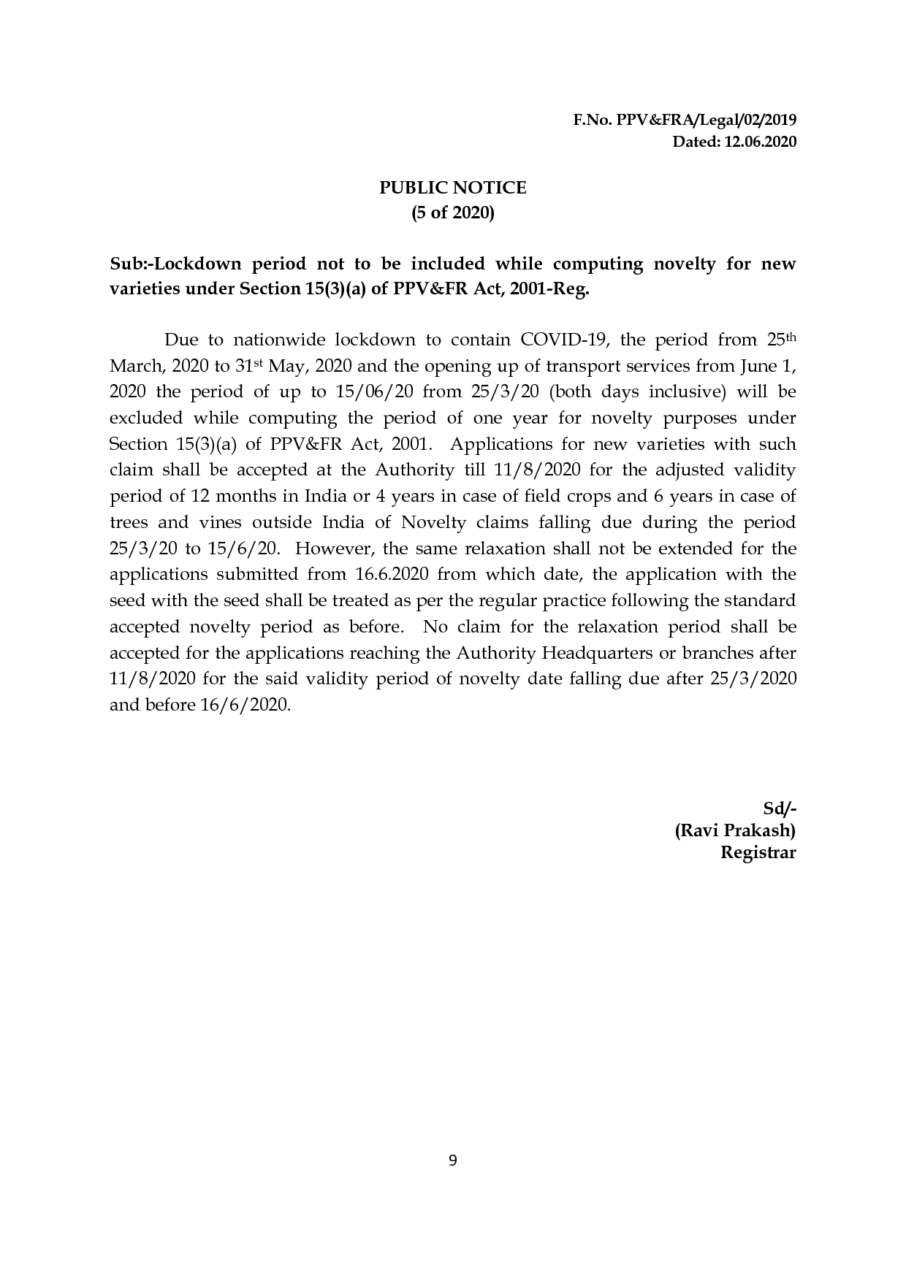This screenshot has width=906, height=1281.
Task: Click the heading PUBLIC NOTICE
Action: click(452, 188)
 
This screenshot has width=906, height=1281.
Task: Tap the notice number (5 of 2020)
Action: click(452, 214)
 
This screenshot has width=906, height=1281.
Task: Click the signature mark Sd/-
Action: click(779, 808)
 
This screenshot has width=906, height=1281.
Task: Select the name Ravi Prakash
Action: click(735, 830)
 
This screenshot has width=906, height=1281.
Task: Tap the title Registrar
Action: click(758, 852)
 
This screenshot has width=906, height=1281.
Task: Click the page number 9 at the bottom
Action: click(452, 1160)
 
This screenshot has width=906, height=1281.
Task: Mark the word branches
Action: click(722, 653)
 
